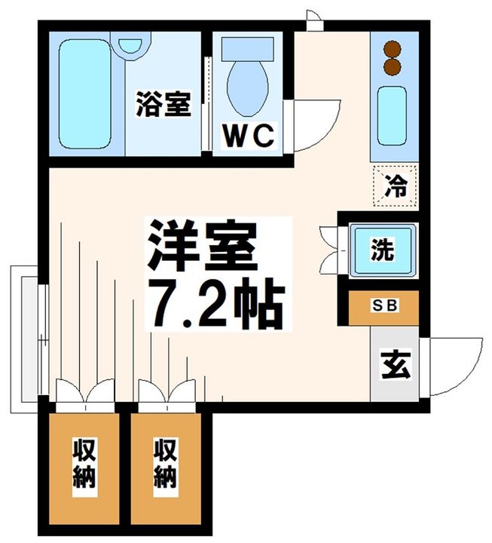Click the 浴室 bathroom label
[163, 103]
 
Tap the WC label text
[246, 137]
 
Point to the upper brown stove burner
[391, 49]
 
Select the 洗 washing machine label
[383, 250]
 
